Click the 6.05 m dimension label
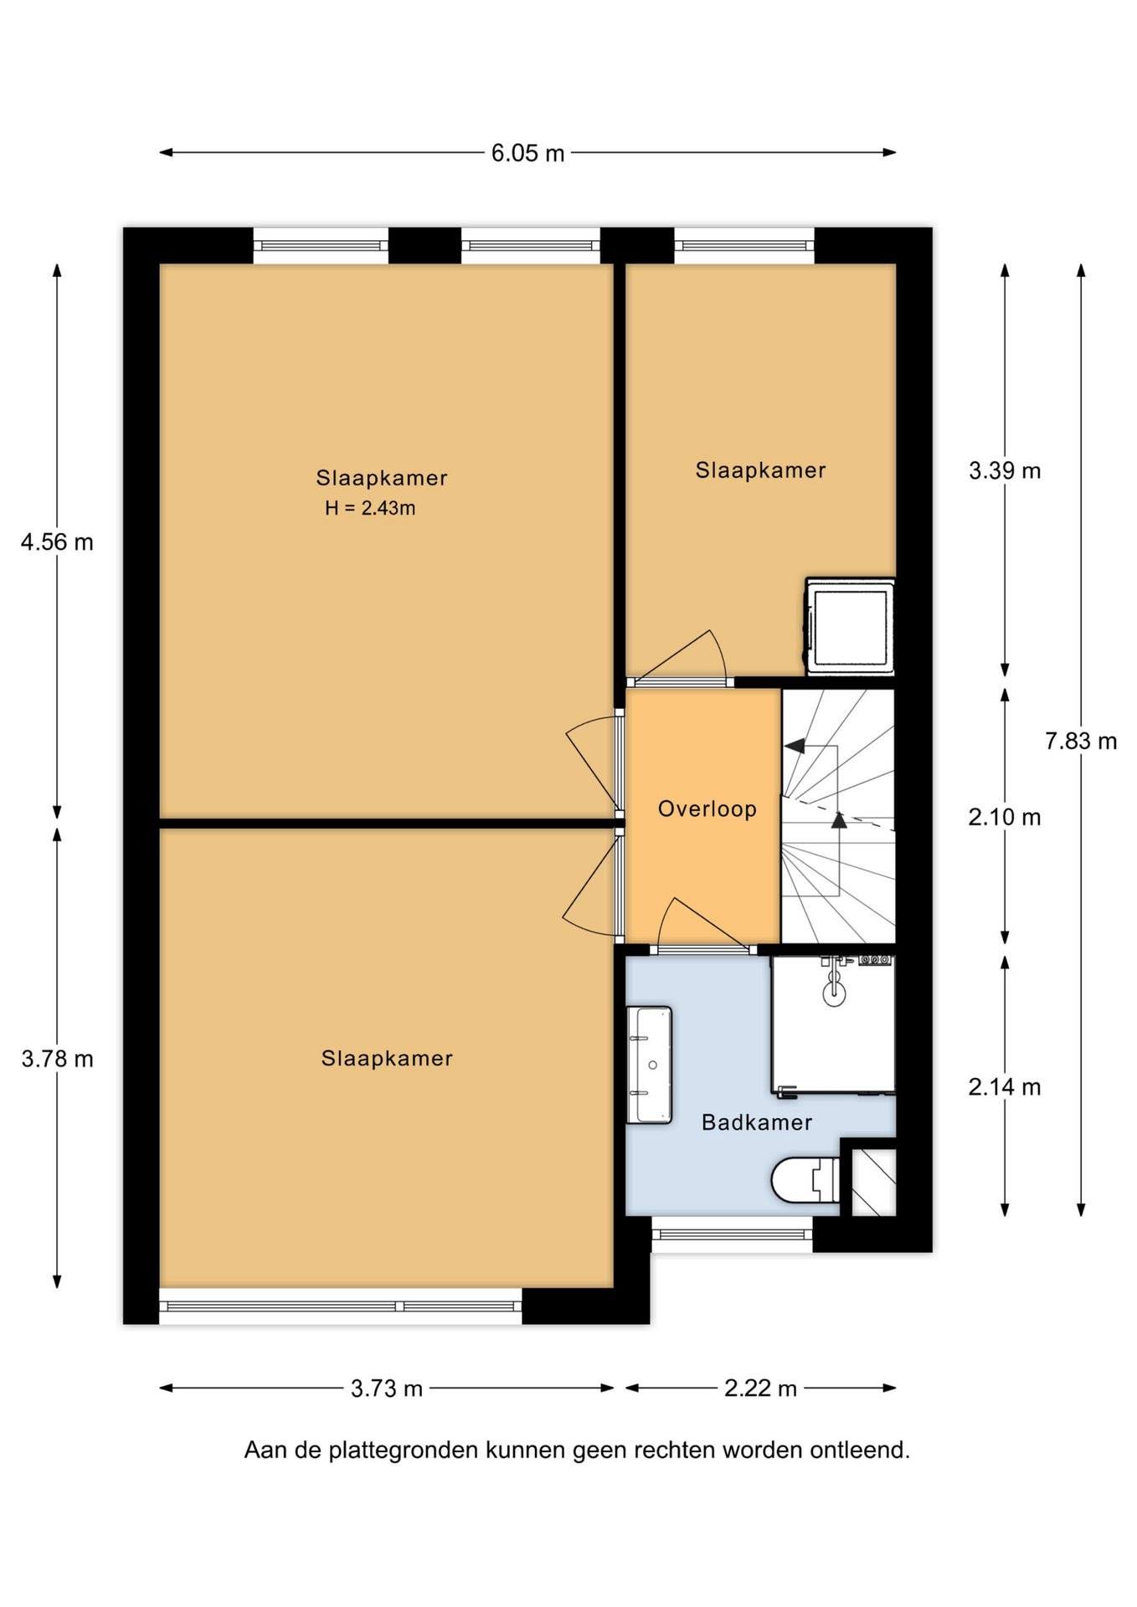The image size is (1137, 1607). click(527, 153)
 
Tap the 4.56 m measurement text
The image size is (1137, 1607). click(57, 542)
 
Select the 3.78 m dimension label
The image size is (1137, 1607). click(57, 1059)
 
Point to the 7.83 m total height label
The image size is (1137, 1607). click(1081, 741)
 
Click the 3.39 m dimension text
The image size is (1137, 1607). click(1005, 471)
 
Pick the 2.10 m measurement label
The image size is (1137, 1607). click(1005, 817)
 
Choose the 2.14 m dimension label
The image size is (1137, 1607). click(1005, 1087)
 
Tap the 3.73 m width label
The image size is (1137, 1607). click(387, 1389)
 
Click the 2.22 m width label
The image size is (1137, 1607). click(760, 1389)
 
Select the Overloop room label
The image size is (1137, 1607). click(707, 809)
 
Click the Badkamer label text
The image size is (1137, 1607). click(757, 1122)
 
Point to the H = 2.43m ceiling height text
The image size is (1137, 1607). click(370, 508)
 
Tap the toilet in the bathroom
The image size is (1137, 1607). click(805, 1179)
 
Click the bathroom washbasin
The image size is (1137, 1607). click(650, 1065)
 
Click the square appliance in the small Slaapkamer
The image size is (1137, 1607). click(850, 627)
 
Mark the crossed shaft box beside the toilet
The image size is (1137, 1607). click(873, 1183)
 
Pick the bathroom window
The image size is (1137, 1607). click(732, 1235)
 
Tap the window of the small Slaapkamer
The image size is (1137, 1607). click(744, 246)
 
